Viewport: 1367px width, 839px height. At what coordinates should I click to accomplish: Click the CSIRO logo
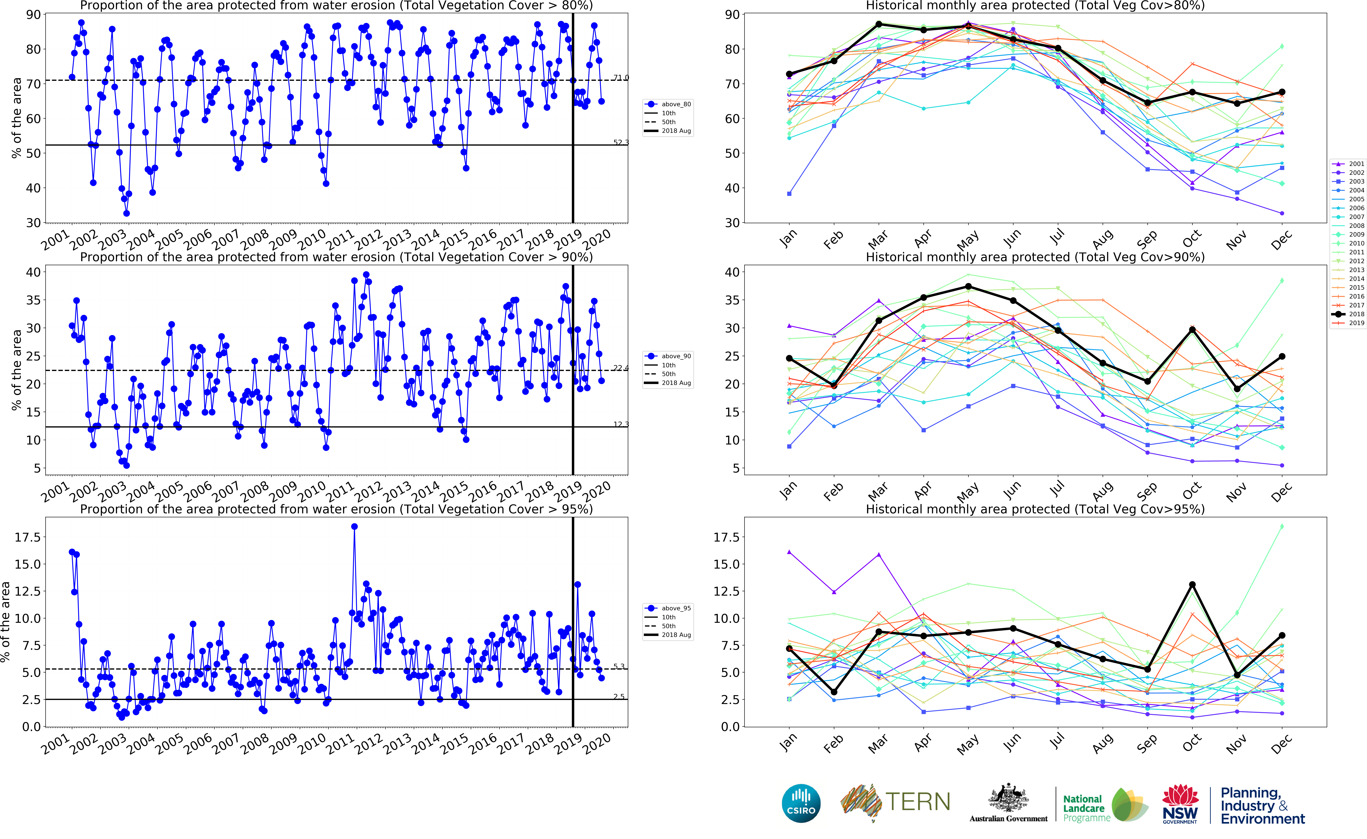point(801,804)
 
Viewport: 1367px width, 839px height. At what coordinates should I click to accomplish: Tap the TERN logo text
point(917,802)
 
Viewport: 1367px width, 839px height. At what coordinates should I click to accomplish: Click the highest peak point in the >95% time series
point(354,527)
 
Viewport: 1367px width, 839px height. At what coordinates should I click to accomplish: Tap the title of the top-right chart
point(1035,6)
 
